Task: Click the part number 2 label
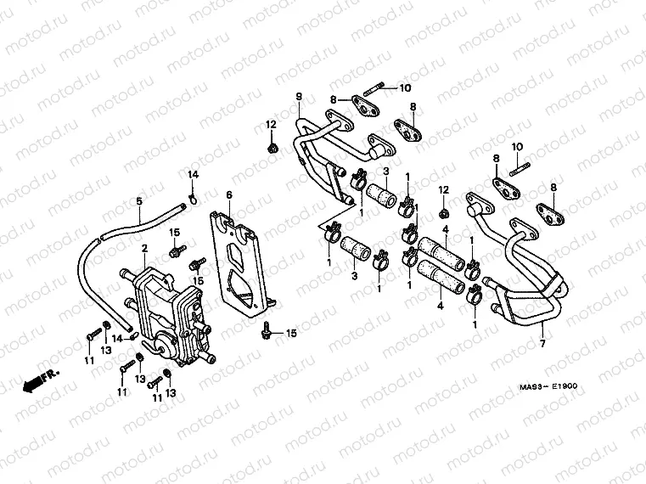click(x=144, y=248)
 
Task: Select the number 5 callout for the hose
click(x=138, y=201)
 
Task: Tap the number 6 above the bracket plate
click(x=228, y=194)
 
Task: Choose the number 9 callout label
click(x=299, y=96)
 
